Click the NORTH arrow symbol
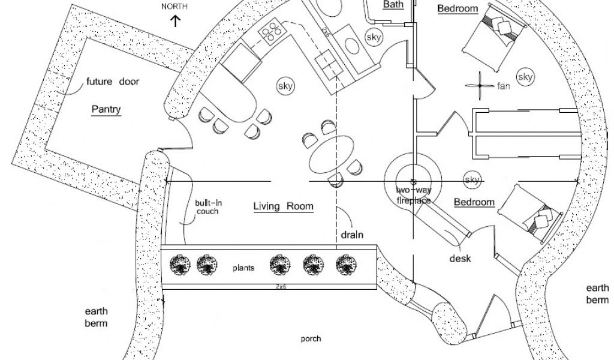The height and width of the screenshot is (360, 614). [176, 22]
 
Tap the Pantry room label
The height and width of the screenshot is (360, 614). [106, 110]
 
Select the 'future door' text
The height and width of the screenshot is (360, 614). [113, 82]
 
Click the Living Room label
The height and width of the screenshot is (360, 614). [283, 206]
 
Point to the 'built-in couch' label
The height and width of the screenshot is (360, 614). [207, 207]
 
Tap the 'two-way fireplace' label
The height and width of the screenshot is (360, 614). [413, 196]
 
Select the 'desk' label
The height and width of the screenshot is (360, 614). [460, 259]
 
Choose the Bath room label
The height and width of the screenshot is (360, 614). [393, 4]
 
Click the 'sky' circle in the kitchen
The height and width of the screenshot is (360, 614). [285, 86]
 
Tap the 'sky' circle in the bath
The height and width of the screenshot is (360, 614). [374, 37]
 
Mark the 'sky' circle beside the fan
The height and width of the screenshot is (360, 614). [525, 77]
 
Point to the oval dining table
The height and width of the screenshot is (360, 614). [332, 154]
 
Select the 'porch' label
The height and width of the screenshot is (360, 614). [311, 339]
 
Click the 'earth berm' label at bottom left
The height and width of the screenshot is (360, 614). [96, 318]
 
